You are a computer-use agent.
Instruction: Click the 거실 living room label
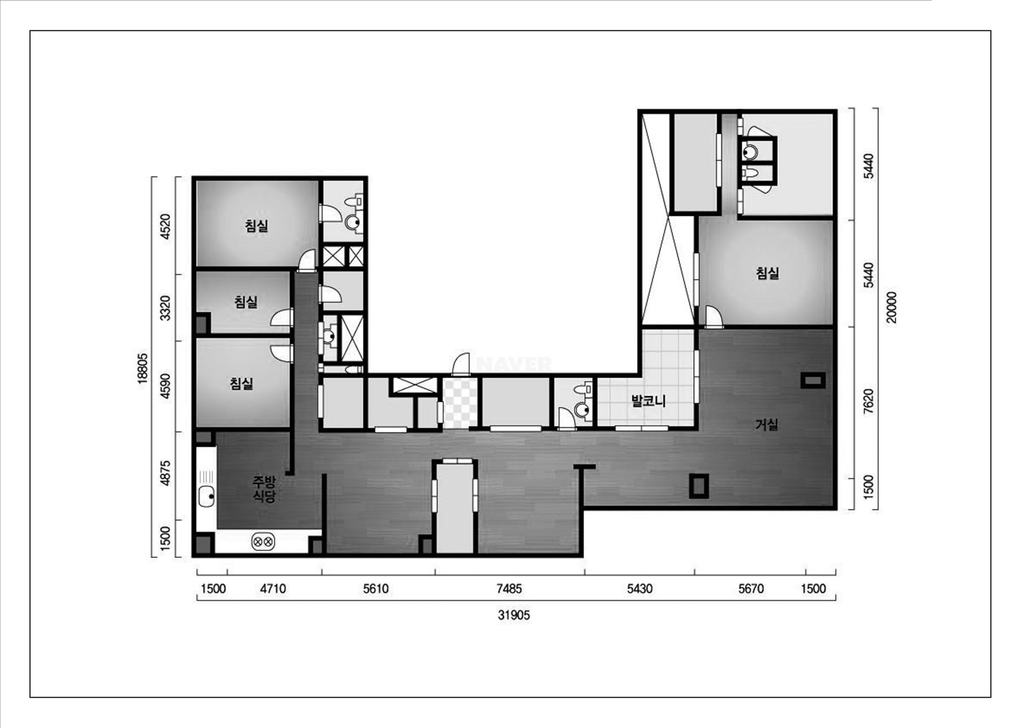pyautogui.click(x=767, y=424)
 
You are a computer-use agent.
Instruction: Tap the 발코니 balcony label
pyautogui.click(x=648, y=401)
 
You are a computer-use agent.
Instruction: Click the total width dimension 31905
pyautogui.click(x=514, y=615)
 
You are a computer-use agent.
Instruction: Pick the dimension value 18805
pyautogui.click(x=142, y=368)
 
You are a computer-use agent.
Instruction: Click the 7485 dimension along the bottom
pyautogui.click(x=509, y=589)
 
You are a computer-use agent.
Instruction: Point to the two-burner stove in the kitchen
pyautogui.click(x=263, y=541)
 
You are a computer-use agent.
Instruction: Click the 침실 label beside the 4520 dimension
pyautogui.click(x=257, y=225)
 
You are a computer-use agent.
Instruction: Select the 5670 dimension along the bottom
pyautogui.click(x=750, y=589)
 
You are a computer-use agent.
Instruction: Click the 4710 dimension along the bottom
pyautogui.click(x=273, y=589)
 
